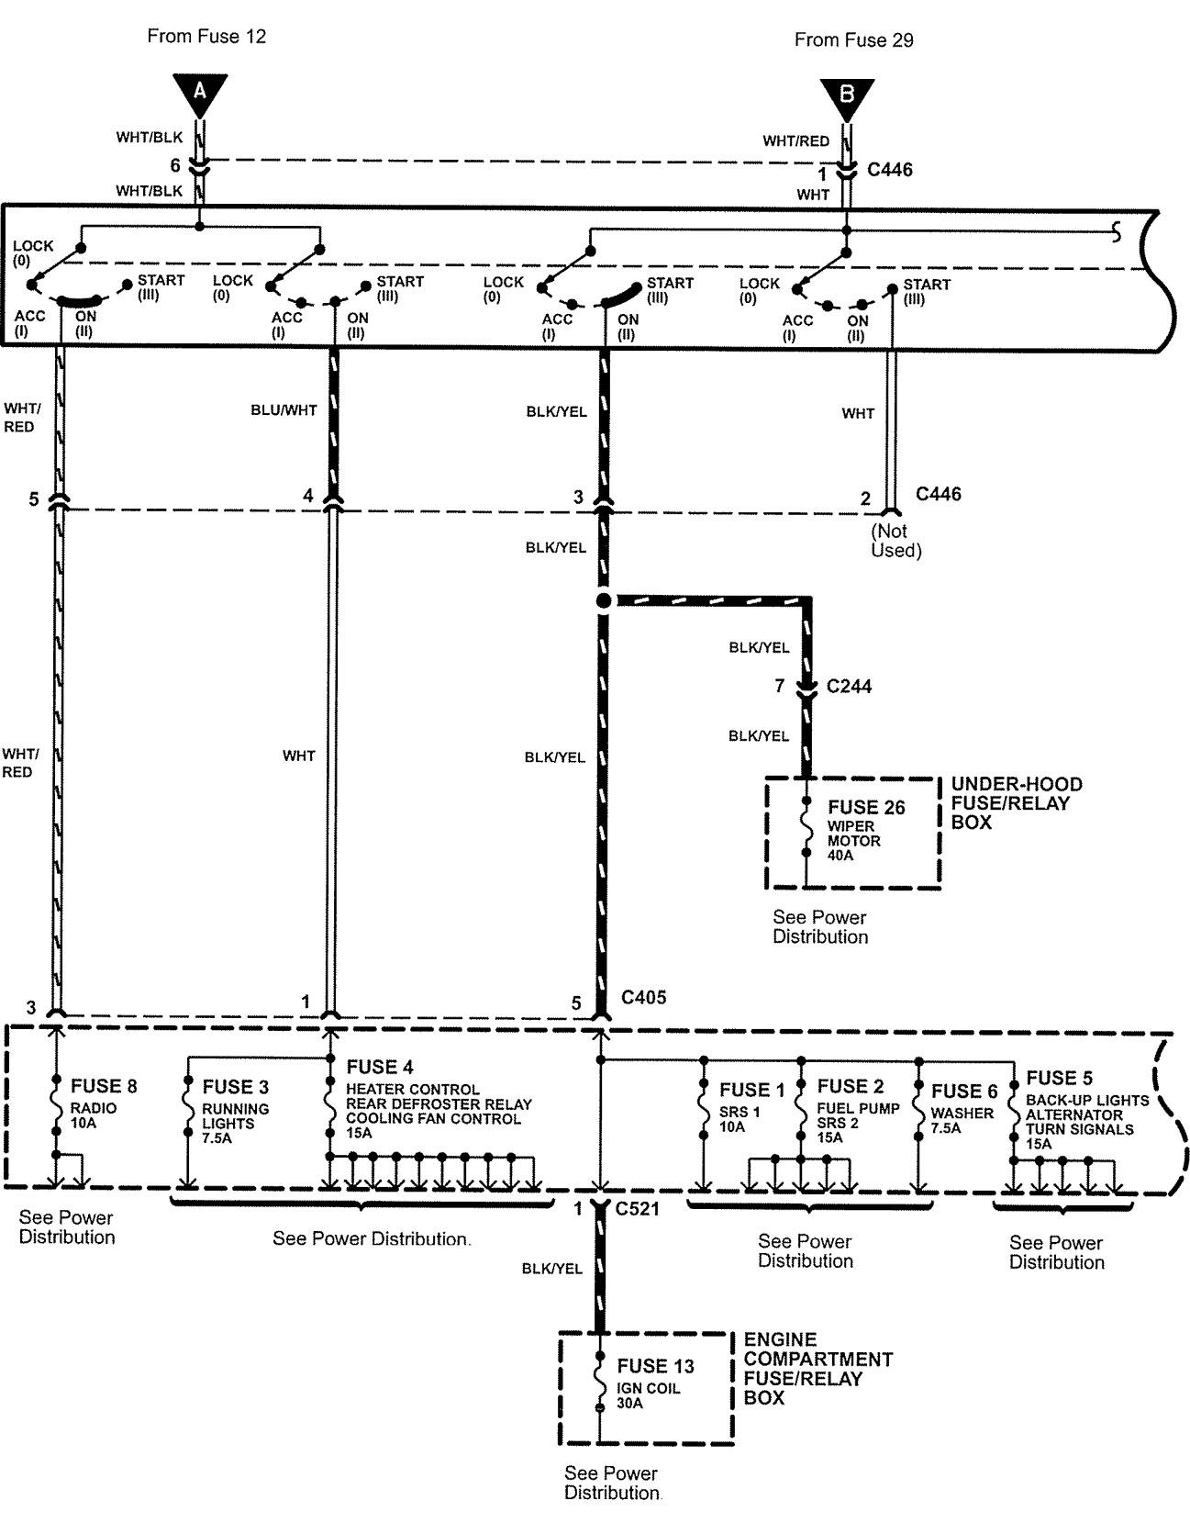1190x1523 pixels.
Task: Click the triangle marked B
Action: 846,95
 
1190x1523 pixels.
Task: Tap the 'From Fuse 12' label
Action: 206,37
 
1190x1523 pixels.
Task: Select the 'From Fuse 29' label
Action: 853,40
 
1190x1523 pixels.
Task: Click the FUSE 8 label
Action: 104,1087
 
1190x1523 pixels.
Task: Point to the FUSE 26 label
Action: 866,807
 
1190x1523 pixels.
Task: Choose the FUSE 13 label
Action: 655,1366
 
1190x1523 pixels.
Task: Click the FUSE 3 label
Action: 236,1087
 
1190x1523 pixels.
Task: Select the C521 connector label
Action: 638,1209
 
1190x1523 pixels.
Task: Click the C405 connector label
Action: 643,997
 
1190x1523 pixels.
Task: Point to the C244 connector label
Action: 849,686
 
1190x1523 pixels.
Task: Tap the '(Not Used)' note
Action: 895,541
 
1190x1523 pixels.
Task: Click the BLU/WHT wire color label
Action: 284,410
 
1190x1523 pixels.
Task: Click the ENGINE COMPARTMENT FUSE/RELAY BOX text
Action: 817,1368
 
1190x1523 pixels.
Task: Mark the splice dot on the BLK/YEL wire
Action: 603,601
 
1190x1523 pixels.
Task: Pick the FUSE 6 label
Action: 963,1092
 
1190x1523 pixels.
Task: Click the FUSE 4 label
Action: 380,1067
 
